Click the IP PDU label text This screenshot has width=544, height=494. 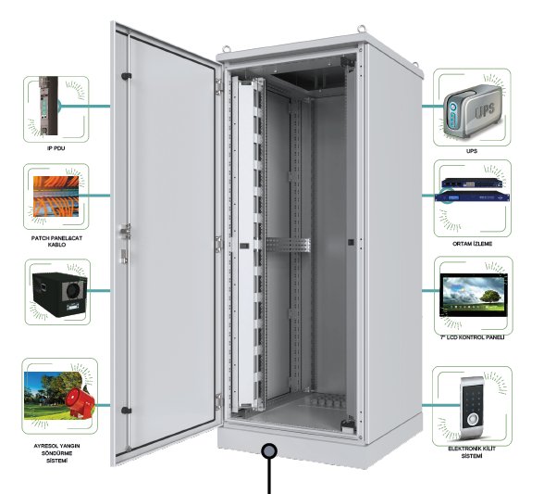point(56,148)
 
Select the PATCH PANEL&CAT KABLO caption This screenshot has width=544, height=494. point(56,241)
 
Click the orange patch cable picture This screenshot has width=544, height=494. point(56,196)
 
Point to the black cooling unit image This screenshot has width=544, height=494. point(59,294)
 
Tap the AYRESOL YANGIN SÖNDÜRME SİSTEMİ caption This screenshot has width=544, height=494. point(56,453)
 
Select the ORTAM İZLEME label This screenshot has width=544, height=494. point(472,244)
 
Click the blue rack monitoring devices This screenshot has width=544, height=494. point(472,190)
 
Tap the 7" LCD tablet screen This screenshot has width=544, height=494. point(474,295)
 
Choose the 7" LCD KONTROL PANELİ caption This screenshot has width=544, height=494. point(472,337)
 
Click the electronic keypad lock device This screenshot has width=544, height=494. point(473,407)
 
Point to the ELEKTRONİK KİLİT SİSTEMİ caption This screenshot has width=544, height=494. point(472,452)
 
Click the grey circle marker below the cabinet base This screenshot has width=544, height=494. point(269,451)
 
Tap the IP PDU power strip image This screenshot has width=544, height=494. point(48,106)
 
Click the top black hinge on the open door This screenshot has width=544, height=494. point(126,76)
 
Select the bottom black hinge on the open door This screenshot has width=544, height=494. point(126,411)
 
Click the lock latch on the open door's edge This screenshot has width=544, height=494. point(125,231)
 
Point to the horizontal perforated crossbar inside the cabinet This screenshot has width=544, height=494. point(288,246)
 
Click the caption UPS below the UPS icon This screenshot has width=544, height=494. point(472,151)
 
